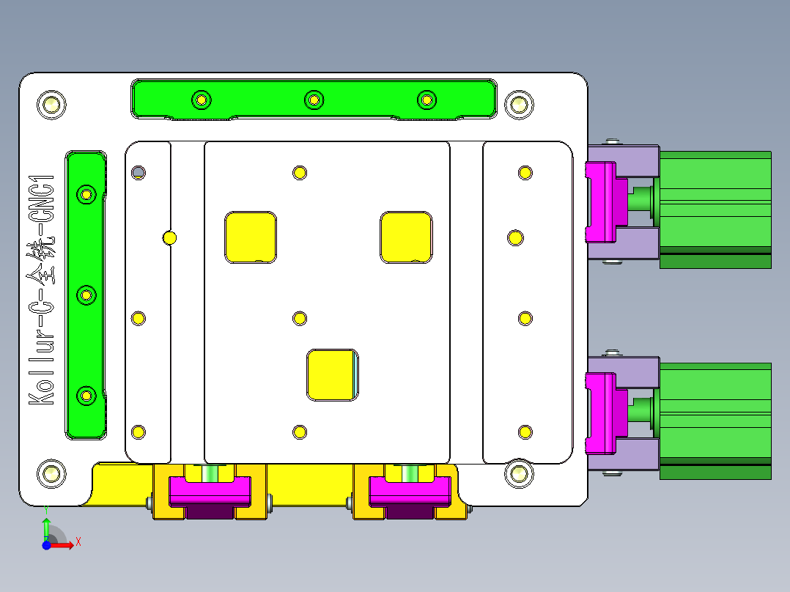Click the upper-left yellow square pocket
(251, 237)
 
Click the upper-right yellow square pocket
(405, 237)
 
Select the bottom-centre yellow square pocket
(333, 374)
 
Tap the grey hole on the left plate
(138, 173)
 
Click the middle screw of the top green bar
(314, 99)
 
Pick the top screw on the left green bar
(86, 194)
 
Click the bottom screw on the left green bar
(86, 396)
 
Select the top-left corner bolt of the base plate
(51, 105)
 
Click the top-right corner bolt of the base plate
(519, 105)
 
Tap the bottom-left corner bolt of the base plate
(51, 473)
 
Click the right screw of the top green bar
(426, 99)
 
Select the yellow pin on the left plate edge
(169, 237)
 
